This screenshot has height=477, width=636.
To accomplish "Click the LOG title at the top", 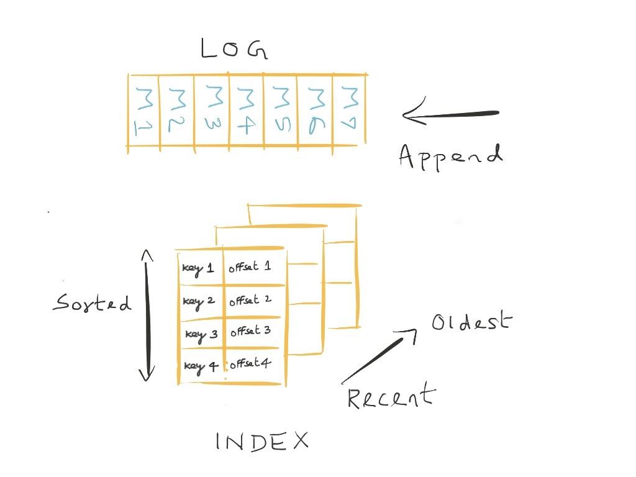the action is (x=234, y=48).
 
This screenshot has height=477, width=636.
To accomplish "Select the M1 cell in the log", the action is (x=144, y=111).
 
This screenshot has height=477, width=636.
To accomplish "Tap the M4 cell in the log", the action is (x=246, y=110).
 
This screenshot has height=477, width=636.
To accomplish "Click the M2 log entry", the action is (x=177, y=111).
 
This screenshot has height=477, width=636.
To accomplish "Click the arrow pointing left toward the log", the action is (x=450, y=112).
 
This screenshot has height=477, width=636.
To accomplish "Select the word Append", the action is (x=451, y=157).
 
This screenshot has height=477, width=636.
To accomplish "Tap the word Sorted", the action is (x=92, y=302).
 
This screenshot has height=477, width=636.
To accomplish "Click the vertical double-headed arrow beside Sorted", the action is (x=147, y=316).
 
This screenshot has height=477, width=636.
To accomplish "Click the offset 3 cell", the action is (x=252, y=332).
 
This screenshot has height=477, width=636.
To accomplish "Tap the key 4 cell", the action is (x=201, y=366).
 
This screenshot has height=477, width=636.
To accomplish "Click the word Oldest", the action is (x=471, y=321).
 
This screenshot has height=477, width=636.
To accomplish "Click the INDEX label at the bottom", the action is (x=262, y=442).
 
